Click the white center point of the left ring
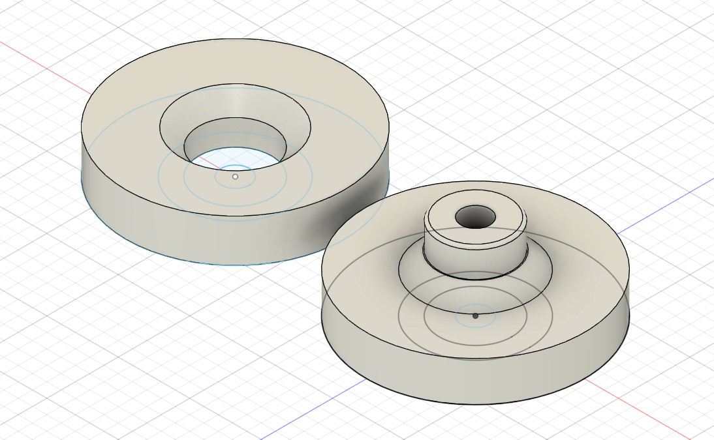(235, 176)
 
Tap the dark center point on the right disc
(475, 315)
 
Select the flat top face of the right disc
(574, 261)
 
